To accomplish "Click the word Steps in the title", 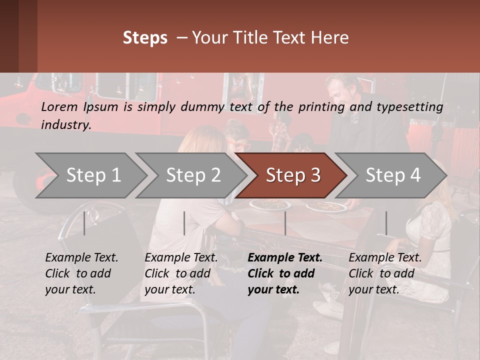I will pos(145,38).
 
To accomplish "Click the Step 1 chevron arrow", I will pos(92,175).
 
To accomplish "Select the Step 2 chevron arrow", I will pos(192,175).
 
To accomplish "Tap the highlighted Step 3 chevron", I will pos(292,175).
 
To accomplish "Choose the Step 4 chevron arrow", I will pos(392,175).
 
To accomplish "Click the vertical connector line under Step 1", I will pos(84,223).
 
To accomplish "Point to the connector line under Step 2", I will pos(184,223).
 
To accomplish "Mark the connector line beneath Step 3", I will pos(285,223).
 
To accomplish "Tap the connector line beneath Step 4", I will pos(386,223).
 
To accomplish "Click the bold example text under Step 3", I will pos(284,273).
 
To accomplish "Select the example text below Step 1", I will pos(81,273).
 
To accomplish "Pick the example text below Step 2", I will pos(181,273).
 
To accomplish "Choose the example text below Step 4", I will pos(385,273).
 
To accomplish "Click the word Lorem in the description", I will pos(59,107).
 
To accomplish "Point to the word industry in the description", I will pos(66,125).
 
